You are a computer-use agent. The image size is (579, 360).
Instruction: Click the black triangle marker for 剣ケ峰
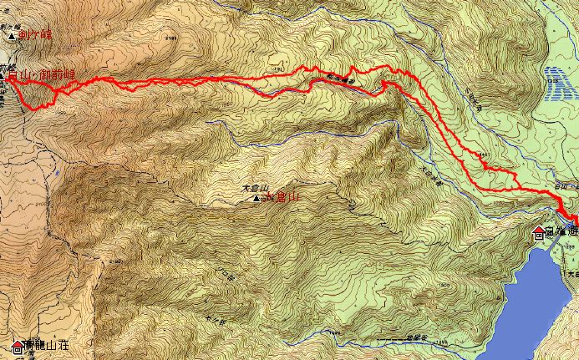pyautogui.click(x=10, y=37)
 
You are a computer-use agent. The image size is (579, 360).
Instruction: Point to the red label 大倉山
pyautogui.click(x=282, y=197)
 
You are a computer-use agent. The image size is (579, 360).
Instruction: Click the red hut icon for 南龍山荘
pyautogui.click(x=17, y=345)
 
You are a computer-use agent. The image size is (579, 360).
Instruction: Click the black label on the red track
pyautogui.click(x=340, y=81)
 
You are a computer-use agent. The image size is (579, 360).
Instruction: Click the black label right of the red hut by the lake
pyautogui.click(x=560, y=231)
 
